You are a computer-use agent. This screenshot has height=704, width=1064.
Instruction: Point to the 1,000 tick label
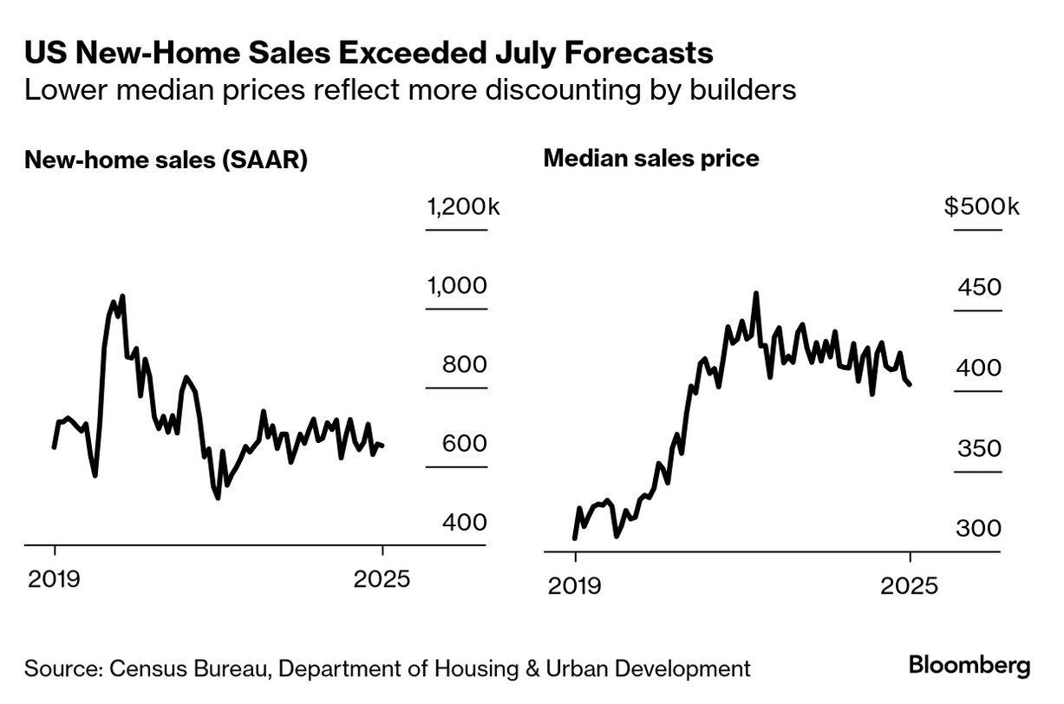click(x=457, y=286)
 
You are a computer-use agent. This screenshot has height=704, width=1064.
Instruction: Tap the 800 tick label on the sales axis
click(x=464, y=365)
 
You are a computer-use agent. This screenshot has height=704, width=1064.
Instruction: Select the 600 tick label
click(x=464, y=444)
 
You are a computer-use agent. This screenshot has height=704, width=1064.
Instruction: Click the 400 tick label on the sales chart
click(x=464, y=523)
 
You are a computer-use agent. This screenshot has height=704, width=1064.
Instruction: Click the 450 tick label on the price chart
click(x=979, y=288)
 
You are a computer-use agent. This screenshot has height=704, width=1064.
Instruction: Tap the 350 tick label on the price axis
click(x=979, y=449)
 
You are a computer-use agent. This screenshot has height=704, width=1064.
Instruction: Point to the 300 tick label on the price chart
click(x=979, y=529)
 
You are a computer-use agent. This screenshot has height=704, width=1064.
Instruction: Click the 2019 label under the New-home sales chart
click(x=55, y=578)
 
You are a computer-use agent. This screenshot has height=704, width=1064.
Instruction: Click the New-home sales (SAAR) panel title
click(x=166, y=160)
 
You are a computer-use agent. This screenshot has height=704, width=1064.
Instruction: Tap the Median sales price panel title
click(x=650, y=159)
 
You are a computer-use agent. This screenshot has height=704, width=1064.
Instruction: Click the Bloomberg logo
click(x=969, y=666)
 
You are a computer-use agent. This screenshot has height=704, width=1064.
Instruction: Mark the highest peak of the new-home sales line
click(x=122, y=297)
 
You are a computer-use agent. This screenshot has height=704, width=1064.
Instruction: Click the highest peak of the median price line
click(x=756, y=294)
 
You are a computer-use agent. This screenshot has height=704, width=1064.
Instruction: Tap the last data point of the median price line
click(x=910, y=385)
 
